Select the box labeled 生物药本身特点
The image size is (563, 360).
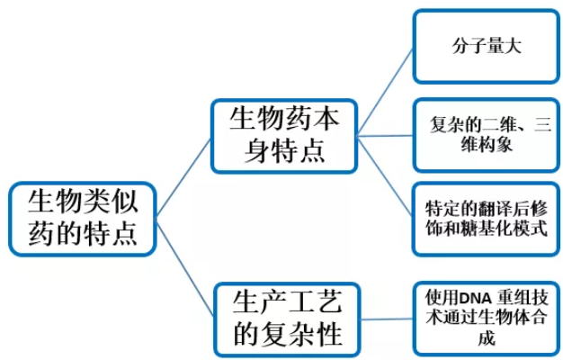click(283, 135)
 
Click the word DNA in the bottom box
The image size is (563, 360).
click(472, 299)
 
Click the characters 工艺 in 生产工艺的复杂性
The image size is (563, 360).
click(310, 299)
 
